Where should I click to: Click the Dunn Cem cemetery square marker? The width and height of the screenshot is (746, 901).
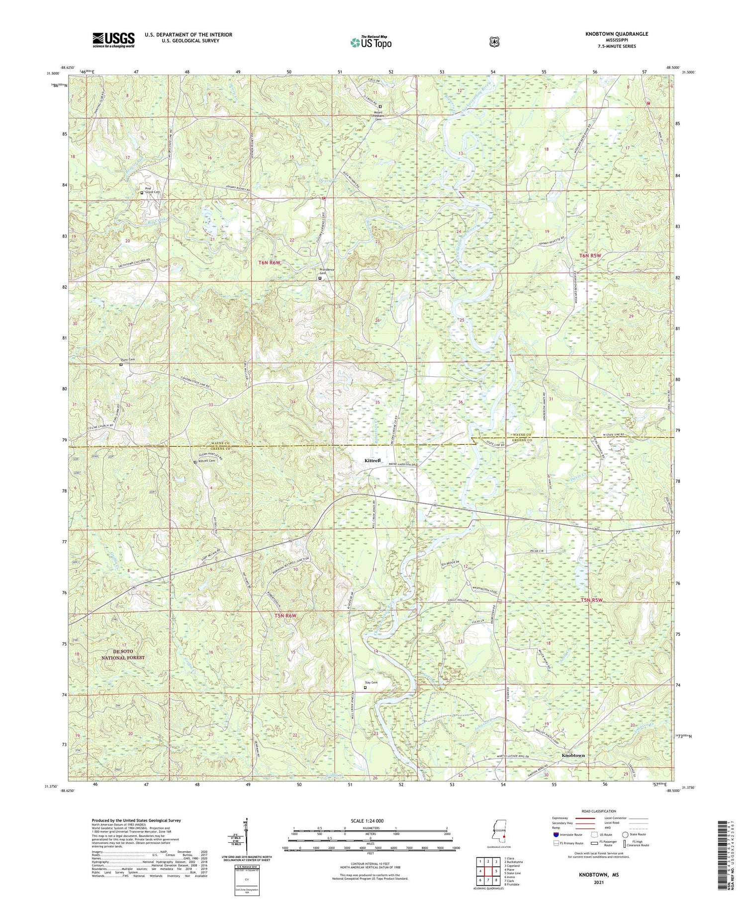click(121, 364)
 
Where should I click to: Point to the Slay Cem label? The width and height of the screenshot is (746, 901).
click(371, 682)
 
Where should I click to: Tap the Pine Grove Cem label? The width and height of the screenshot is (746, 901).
click(151, 191)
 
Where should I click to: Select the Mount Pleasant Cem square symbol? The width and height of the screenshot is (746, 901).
click(380, 106)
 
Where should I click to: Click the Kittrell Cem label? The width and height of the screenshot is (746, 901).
click(206, 461)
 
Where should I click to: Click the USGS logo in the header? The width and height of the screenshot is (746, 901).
click(113, 40)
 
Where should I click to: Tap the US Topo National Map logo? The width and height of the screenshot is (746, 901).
click(371, 42)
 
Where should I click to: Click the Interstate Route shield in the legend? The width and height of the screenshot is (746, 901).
click(556, 835)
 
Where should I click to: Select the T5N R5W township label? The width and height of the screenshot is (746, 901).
click(592, 600)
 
